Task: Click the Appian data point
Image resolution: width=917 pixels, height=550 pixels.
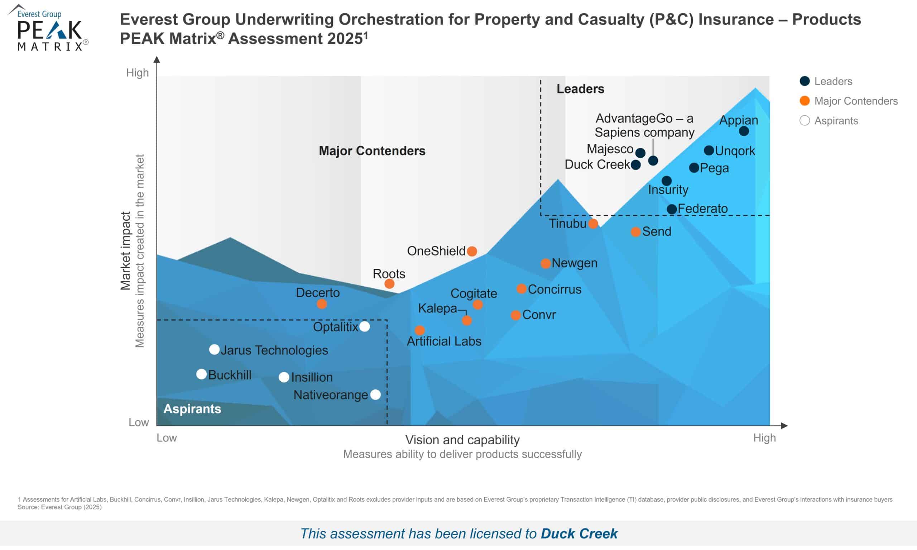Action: (744, 131)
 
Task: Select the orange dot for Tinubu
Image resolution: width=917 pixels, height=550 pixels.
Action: (593, 224)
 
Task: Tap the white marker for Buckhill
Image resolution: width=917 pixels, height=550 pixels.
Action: (201, 374)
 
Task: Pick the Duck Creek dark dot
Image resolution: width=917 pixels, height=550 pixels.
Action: (635, 165)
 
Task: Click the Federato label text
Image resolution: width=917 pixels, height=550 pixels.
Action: (702, 209)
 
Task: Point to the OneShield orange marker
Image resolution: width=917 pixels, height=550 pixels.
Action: (472, 251)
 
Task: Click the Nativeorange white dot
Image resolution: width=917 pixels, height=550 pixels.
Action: (375, 395)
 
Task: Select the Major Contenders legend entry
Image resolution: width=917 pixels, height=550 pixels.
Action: (855, 101)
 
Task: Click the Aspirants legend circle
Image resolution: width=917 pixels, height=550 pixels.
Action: (805, 120)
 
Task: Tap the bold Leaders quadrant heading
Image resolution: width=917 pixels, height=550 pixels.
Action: (580, 89)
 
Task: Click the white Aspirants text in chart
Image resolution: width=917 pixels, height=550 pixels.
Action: (192, 409)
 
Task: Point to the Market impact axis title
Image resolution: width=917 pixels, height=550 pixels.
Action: (126, 251)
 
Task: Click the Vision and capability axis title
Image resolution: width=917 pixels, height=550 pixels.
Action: (462, 440)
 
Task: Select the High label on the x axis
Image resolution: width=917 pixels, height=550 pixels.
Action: (764, 438)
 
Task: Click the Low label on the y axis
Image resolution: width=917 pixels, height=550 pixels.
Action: (139, 422)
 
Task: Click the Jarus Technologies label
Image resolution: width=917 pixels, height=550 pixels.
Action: (274, 350)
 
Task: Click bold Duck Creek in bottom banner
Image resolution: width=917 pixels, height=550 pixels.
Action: (579, 534)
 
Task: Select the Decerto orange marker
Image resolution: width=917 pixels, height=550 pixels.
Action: (322, 304)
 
